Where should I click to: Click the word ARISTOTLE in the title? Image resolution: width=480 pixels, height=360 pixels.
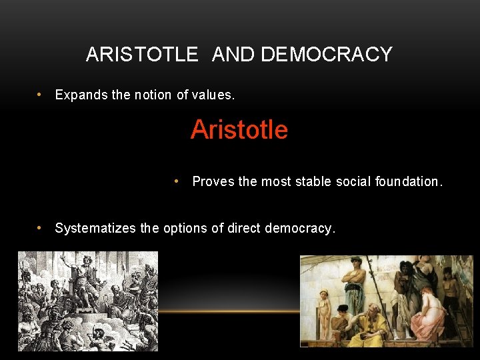pos(142,54)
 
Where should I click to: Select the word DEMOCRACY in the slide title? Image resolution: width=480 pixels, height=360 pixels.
pos(327,54)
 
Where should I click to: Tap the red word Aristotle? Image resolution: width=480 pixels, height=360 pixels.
pos(239,129)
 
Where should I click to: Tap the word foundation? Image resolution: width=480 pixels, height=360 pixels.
pos(408,181)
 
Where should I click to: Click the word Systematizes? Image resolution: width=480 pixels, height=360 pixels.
pos(95,228)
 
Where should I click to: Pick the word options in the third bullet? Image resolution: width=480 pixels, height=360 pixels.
pos(186,228)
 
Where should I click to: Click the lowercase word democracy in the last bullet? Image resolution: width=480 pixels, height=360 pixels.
pos(300,228)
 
